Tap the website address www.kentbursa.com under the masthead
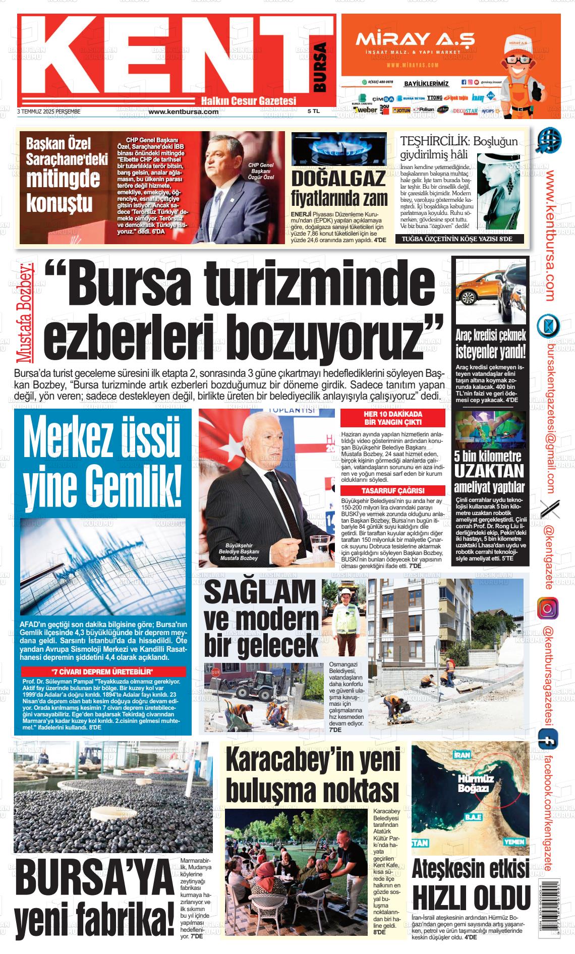point(183,112)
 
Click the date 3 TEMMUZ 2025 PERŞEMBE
point(49,111)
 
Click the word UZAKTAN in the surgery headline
point(489,471)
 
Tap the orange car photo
point(490,293)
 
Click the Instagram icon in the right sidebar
point(548,607)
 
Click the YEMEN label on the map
point(513,842)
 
